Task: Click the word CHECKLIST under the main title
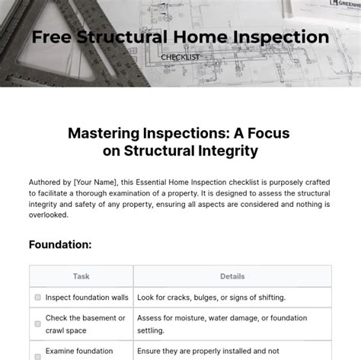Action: click(180, 56)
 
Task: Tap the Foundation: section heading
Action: click(60, 244)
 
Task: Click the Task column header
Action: click(81, 276)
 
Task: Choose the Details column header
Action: click(232, 276)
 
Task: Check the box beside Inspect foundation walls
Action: click(37, 298)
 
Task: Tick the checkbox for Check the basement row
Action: click(37, 324)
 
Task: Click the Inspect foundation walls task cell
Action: click(87, 298)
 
